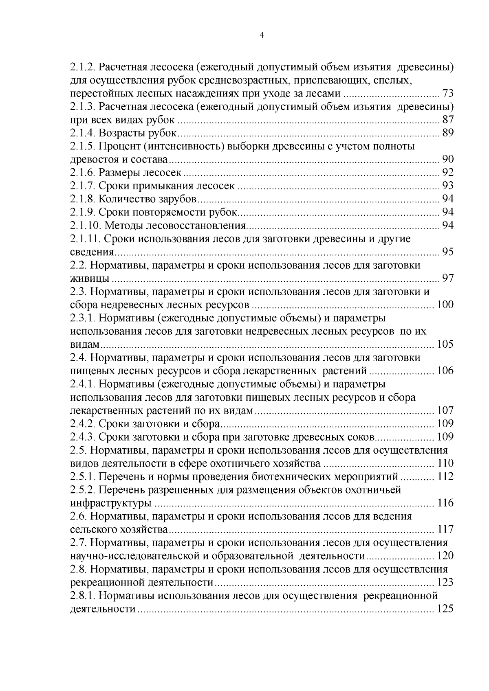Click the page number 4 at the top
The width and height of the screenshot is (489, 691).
pyautogui.click(x=262, y=35)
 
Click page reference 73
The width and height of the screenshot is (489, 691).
pyautogui.click(x=448, y=94)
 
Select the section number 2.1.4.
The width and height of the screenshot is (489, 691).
pyautogui.click(x=83, y=133)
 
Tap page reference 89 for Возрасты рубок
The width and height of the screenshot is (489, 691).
pyautogui.click(x=448, y=133)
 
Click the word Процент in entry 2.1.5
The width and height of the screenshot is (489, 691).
pyautogui.click(x=120, y=147)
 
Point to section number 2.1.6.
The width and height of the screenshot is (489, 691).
pyautogui.click(x=83, y=173)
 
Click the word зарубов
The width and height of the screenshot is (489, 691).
pyautogui.click(x=176, y=199)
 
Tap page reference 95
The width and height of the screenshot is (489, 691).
pyautogui.click(x=448, y=252)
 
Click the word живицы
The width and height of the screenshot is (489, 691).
pyautogui.click(x=90, y=279)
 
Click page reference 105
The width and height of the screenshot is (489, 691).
pyautogui.click(x=445, y=344)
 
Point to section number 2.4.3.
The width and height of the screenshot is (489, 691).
pyautogui.click(x=83, y=437)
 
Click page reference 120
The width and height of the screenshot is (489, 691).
pyautogui.click(x=445, y=556)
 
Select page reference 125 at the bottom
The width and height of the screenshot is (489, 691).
pyautogui.click(x=445, y=609)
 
